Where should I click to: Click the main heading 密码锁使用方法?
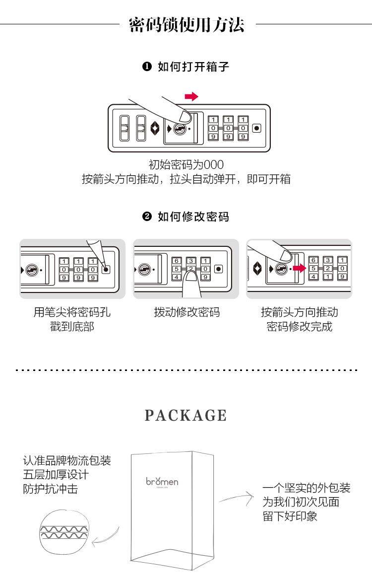(x=186, y=24)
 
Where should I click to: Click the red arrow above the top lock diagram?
(x=191, y=96)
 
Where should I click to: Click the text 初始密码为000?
(x=186, y=164)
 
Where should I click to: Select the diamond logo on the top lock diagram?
(x=155, y=128)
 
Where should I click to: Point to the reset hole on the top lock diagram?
(x=256, y=128)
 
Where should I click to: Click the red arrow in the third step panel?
(x=299, y=269)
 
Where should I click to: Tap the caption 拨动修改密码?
(x=186, y=312)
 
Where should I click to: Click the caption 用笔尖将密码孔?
(x=72, y=312)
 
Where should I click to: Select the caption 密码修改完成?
(x=300, y=327)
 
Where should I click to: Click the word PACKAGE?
(x=186, y=416)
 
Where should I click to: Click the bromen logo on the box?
(x=162, y=481)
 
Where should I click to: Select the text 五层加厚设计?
(x=56, y=474)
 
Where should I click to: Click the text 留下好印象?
(x=290, y=516)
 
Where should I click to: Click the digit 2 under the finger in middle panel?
(x=191, y=269)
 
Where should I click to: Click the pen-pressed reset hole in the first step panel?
(x=106, y=269)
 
